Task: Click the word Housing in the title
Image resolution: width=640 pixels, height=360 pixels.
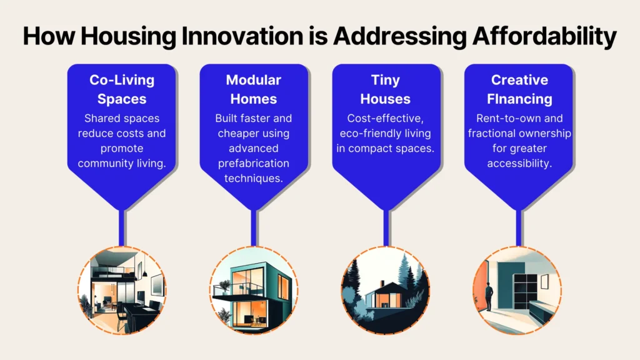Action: coord(128,36)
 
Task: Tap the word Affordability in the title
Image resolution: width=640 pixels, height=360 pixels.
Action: coord(544,36)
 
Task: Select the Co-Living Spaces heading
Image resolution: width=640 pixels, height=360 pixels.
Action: coord(122,89)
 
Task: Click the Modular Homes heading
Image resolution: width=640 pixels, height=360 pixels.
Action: coord(254,89)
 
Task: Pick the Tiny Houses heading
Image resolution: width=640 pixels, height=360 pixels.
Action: coord(385,89)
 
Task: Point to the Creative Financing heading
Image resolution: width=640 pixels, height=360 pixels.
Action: coord(519,89)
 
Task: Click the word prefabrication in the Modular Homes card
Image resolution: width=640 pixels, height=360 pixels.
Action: coord(254,163)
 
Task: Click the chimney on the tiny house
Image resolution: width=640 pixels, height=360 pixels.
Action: coord(382,283)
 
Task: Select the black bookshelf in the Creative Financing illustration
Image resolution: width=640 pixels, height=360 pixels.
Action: coord(525,292)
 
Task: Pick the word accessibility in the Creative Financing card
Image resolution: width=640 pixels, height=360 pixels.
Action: coord(519,164)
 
